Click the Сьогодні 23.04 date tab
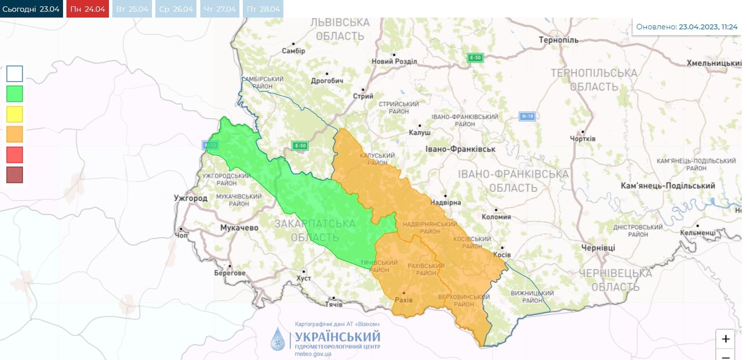31,9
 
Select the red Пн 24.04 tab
87,9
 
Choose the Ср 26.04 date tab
176,9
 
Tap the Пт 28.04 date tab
263,9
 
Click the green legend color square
15,94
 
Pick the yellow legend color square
15,114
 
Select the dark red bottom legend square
15,175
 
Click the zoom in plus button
726,339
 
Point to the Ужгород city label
190,198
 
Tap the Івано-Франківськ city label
460,149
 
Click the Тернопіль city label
558,40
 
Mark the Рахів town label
404,300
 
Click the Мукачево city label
239,228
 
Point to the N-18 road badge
526,116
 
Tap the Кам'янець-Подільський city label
668,186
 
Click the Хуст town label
303,278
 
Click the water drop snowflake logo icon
278,339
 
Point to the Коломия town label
496,217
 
